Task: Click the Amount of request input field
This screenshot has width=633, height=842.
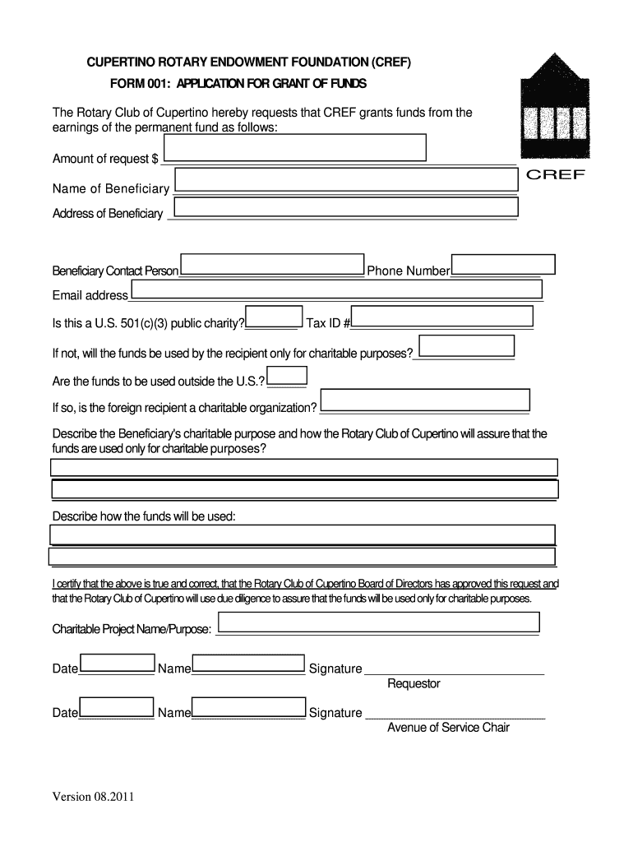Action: pyautogui.click(x=295, y=148)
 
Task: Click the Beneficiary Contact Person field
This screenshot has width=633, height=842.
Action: pyautogui.click(x=272, y=264)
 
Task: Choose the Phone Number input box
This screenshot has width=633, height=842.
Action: pyautogui.click(x=504, y=264)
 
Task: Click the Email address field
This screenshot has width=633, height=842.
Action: pyautogui.click(x=336, y=289)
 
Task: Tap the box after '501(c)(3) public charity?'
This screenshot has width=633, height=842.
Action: pyautogui.click(x=273, y=317)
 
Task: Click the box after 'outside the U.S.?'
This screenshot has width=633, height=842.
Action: pyautogui.click(x=288, y=376)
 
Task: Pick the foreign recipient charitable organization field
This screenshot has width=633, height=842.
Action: pyautogui.click(x=425, y=400)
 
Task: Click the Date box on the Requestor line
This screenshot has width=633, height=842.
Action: pyautogui.click(x=117, y=663)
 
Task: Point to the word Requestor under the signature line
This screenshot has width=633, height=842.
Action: pyautogui.click(x=414, y=684)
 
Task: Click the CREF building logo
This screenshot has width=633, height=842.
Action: pyautogui.click(x=555, y=108)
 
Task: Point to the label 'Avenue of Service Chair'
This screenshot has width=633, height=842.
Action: pyautogui.click(x=448, y=728)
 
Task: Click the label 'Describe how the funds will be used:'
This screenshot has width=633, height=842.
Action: pyautogui.click(x=144, y=516)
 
